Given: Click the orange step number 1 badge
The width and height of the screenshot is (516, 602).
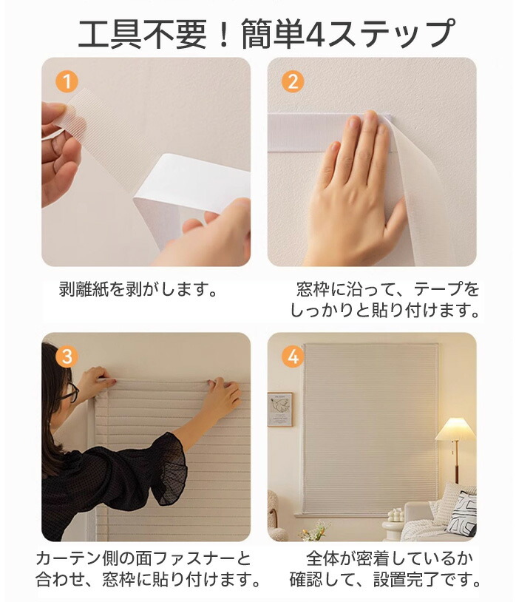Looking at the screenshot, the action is [67, 82].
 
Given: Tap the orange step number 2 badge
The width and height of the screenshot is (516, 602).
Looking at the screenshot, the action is [292, 82].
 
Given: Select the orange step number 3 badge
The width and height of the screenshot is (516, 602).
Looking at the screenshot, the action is [67, 356].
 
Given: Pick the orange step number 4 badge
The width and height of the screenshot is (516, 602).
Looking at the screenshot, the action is [292, 356].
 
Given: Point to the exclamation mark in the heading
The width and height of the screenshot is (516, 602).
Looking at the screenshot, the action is [224, 35].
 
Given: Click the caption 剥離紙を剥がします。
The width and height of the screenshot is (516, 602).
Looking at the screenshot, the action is [138, 288].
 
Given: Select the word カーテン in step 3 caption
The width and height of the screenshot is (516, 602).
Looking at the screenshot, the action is [68, 558].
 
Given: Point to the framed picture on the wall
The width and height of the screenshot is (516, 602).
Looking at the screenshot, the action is [279, 409].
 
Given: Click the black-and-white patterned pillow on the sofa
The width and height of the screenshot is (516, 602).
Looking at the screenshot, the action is [463, 515].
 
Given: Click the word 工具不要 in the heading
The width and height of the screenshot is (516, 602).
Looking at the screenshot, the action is [143, 35].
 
